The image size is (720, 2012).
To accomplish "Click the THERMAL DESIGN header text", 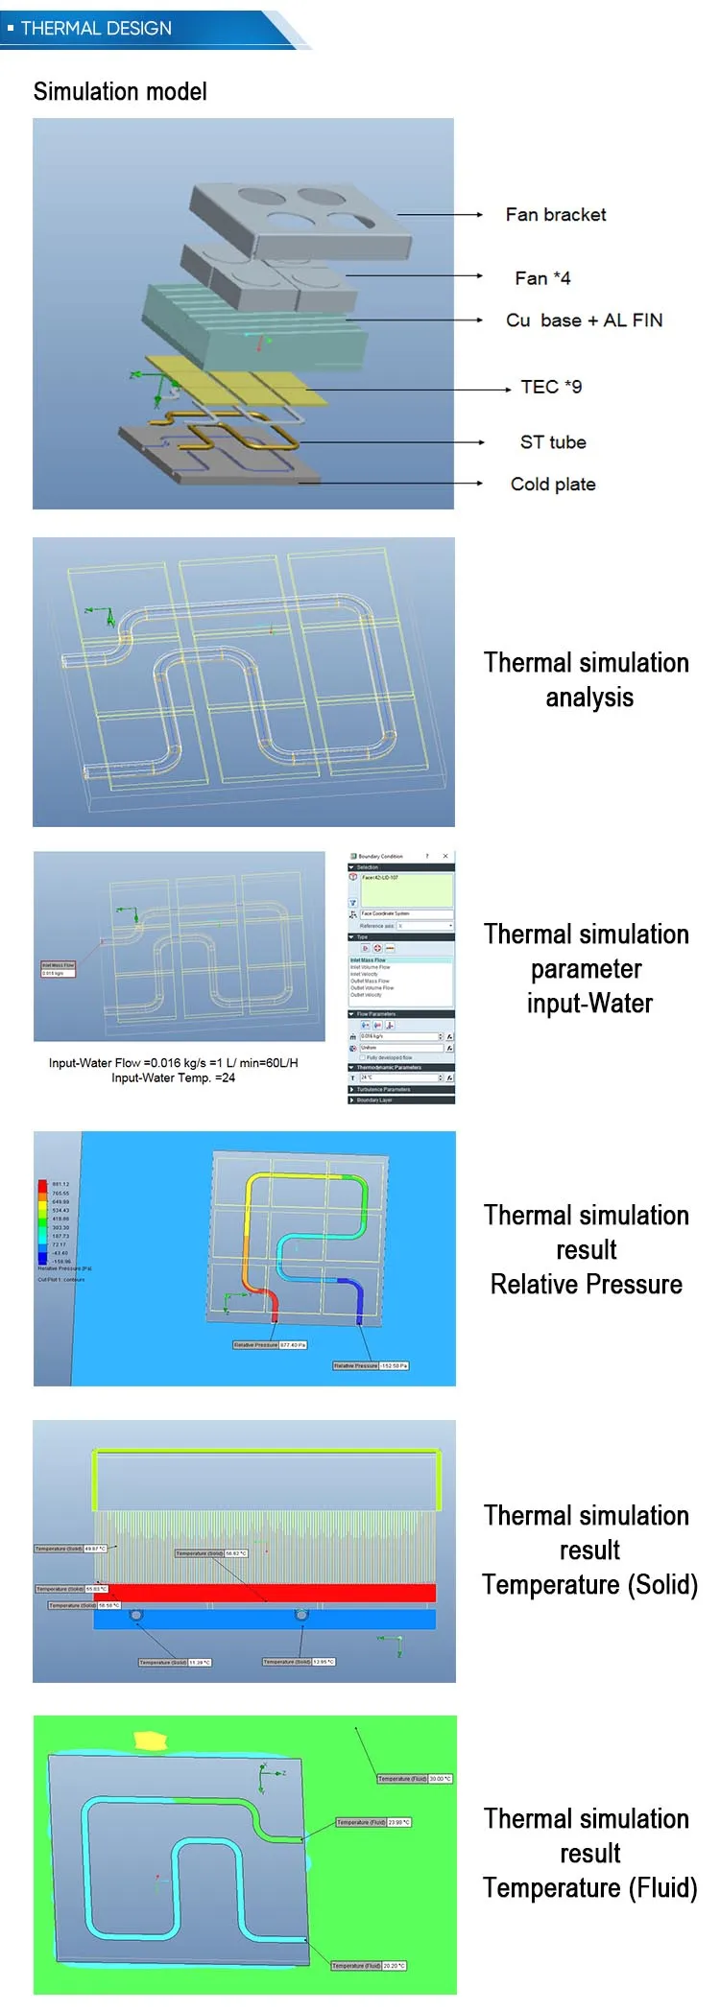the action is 96,29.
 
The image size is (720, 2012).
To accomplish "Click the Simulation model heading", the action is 120,92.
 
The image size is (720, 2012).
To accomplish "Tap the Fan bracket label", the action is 556,215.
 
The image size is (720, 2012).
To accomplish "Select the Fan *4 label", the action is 542,278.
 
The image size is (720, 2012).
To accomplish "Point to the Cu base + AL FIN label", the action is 584,320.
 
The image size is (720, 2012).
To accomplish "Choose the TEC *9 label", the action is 551,387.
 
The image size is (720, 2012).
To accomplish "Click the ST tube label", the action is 553,442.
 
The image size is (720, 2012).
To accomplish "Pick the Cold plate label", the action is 553,485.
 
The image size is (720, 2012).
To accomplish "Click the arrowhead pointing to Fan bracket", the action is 479,215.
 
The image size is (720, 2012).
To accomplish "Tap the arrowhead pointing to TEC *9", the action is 508,390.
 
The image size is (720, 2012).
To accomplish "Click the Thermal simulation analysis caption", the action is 587,679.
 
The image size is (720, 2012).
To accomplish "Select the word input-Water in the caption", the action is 589,1004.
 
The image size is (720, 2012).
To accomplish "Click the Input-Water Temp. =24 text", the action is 173,1078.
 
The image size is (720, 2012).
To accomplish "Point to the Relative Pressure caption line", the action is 587,1285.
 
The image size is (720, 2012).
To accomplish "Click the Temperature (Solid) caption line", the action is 589,1584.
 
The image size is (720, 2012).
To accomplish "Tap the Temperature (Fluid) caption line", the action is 589,1887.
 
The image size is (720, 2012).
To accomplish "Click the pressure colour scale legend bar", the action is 42,1221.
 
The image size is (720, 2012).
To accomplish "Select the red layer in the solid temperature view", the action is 265,1592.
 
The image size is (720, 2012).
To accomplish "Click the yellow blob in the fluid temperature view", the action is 151,1740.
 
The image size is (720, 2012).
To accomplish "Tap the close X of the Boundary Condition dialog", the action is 444,856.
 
